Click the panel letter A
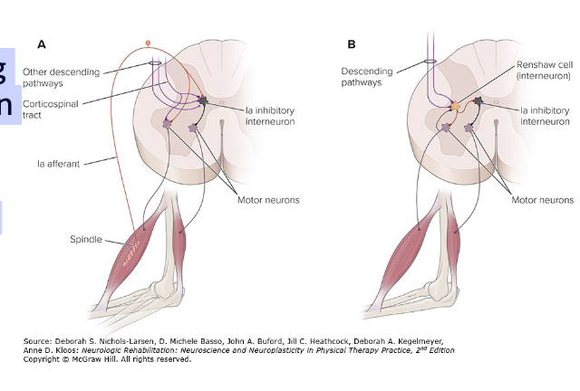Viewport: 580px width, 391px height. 42,43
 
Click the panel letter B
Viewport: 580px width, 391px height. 352,43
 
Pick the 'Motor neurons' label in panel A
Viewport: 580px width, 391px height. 268,199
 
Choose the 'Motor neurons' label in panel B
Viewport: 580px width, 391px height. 542,199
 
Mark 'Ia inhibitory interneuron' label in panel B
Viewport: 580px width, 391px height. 546,116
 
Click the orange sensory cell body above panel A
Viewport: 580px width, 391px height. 149,42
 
